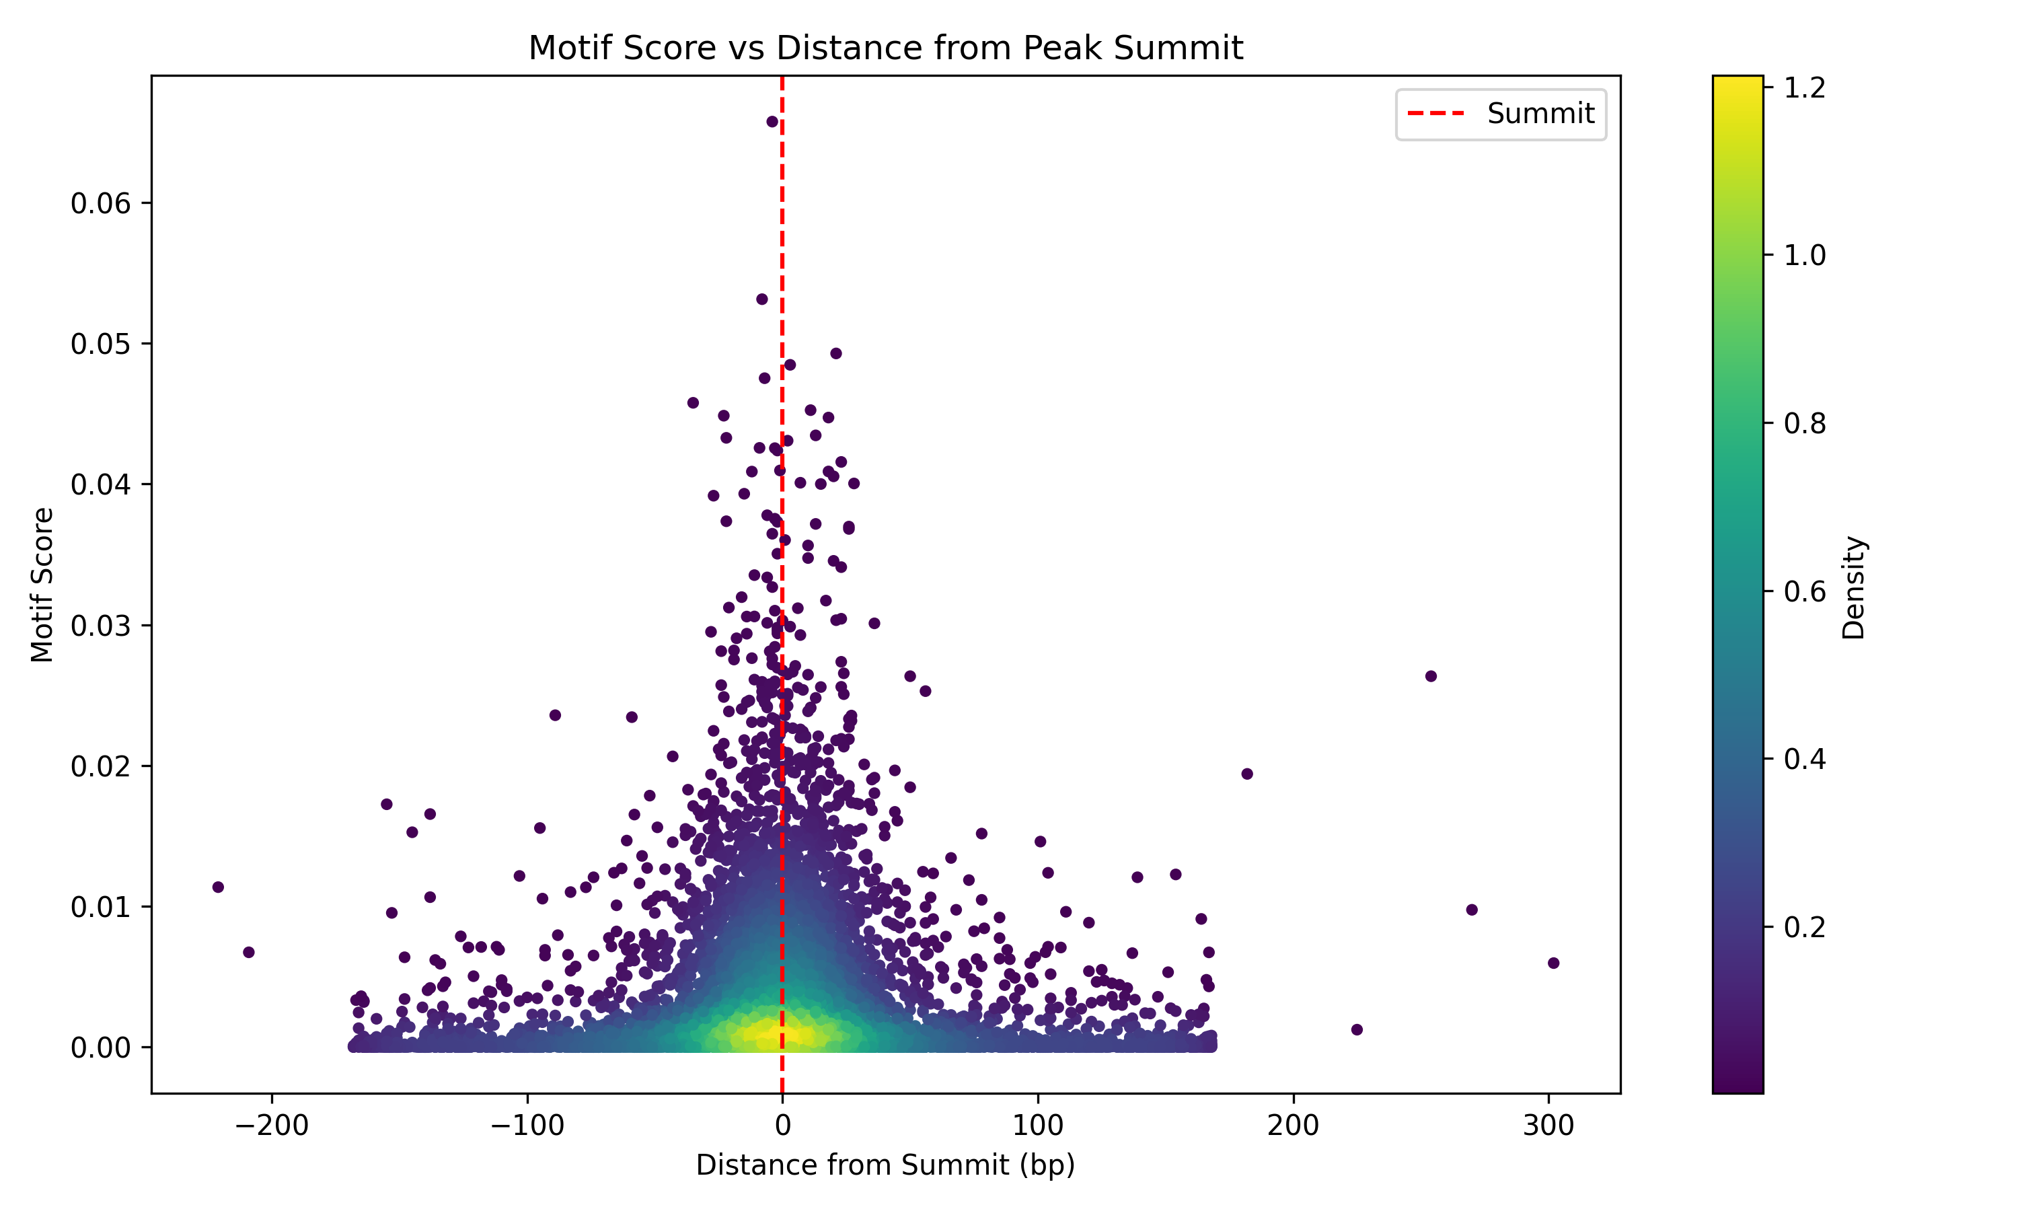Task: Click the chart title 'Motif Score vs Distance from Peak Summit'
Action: pos(885,48)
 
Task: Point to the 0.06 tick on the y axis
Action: pos(100,203)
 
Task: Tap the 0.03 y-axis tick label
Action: pos(100,626)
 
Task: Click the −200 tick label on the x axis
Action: pos(272,1126)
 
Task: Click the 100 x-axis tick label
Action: pos(1037,1126)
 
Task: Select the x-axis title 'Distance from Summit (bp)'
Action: pos(885,1165)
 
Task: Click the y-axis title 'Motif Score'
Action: pos(42,584)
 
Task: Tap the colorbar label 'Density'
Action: pos(1854,587)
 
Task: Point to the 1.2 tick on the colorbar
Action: pos(1804,88)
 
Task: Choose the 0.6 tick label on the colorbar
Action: pos(1804,591)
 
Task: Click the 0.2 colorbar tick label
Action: pos(1804,928)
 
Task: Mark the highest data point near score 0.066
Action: pos(772,122)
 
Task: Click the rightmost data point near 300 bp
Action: pos(1553,963)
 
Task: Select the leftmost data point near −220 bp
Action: pos(218,887)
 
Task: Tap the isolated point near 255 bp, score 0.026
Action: pos(1431,675)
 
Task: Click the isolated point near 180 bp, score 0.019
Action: pos(1246,774)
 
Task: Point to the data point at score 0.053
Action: pos(761,299)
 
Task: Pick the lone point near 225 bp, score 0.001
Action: pos(1357,1030)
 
